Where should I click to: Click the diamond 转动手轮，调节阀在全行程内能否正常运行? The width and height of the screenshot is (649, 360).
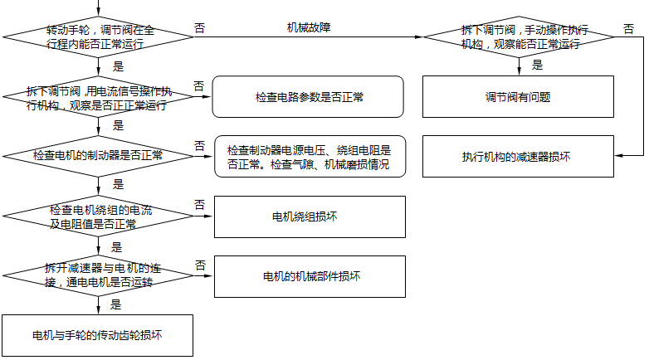[100, 36]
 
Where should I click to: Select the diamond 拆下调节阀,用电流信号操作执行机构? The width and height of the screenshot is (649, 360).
[100, 99]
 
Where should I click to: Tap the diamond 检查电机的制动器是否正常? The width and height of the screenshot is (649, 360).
[100, 155]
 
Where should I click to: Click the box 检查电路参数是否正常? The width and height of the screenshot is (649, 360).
[308, 97]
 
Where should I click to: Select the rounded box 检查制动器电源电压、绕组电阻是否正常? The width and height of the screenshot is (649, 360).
[310, 157]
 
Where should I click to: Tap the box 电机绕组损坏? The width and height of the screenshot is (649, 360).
[310, 216]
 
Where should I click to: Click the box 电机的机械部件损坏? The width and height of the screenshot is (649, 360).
[310, 276]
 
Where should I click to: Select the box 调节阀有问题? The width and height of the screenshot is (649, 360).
[518, 97]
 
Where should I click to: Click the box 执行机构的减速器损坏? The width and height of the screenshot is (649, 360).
[518, 156]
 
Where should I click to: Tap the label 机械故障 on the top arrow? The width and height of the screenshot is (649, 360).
[309, 27]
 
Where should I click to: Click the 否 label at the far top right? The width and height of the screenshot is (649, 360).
[628, 28]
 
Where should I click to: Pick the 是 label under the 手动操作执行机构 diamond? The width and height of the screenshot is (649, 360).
[538, 65]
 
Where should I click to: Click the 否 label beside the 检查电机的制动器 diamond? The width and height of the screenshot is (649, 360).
[200, 145]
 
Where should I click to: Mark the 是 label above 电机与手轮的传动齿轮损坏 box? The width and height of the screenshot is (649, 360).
[116, 304]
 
